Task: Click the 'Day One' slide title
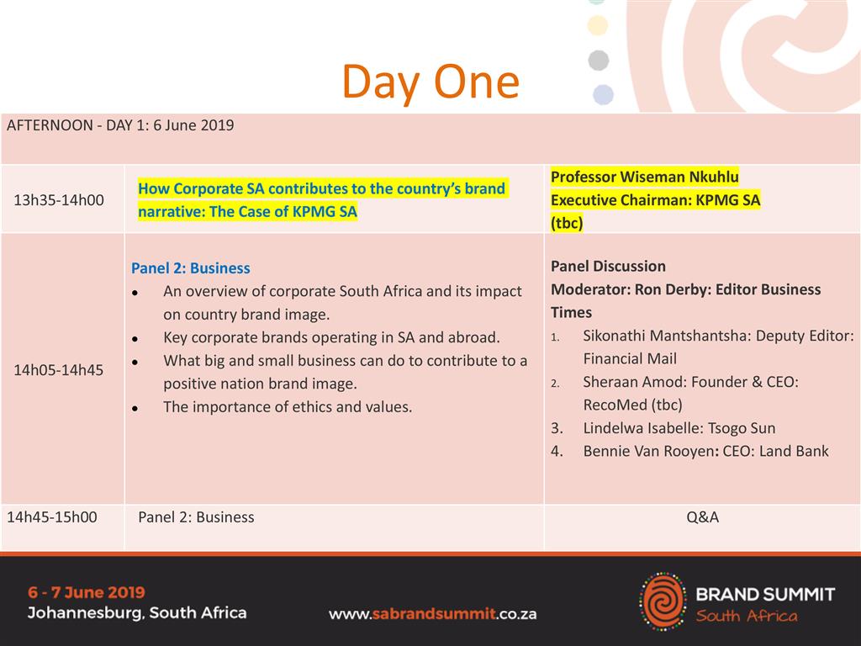(x=430, y=82)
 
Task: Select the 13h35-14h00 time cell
(x=59, y=200)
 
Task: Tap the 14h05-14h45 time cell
(x=59, y=370)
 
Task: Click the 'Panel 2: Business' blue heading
(x=191, y=268)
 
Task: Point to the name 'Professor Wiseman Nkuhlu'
(x=645, y=177)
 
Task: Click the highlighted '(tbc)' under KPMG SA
(x=567, y=223)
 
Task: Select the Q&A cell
(x=702, y=517)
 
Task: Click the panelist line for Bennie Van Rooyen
(x=705, y=451)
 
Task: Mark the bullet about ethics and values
(x=288, y=407)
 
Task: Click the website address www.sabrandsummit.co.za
(x=433, y=613)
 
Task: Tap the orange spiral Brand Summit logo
(x=663, y=601)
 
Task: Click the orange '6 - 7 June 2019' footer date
(x=87, y=592)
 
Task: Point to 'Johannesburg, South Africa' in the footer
(x=137, y=612)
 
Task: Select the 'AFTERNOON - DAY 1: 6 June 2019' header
(x=120, y=125)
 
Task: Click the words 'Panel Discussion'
(x=608, y=267)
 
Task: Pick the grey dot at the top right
(x=599, y=60)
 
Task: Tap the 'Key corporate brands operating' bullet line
(x=331, y=337)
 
